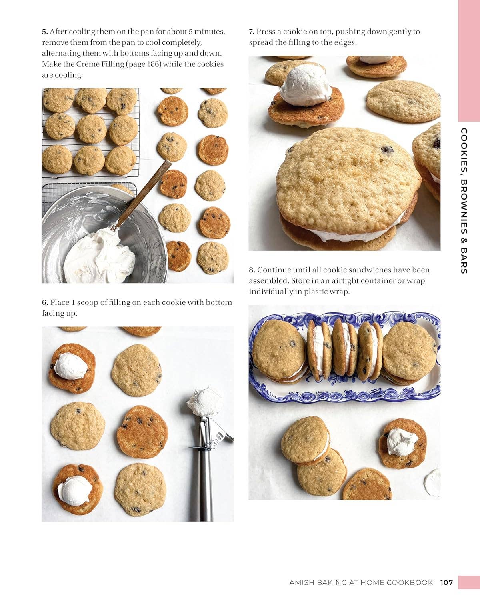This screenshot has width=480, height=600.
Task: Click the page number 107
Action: (446, 582)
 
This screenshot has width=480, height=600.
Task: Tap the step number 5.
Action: (44, 32)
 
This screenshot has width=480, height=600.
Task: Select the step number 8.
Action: (252, 270)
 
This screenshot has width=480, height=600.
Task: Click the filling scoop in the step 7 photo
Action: (305, 85)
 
